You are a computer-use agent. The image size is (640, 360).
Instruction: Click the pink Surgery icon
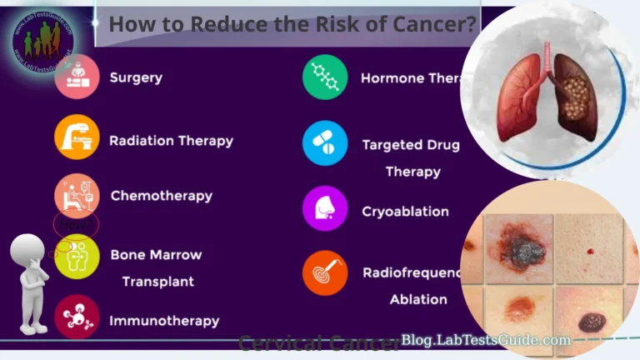77,77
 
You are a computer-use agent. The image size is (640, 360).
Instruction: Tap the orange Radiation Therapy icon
77,137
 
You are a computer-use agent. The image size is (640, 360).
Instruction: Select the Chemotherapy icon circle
77,196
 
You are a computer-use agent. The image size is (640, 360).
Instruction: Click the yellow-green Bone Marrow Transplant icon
77,257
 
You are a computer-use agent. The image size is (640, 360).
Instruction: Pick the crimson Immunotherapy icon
77,317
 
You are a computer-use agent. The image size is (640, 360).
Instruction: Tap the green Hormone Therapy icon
325,77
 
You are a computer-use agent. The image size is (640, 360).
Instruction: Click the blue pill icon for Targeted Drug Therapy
325,142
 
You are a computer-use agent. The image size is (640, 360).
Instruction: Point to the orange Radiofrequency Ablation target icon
325,272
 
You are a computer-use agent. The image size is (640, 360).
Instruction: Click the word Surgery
136,78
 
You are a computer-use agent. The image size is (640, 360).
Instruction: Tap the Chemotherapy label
162,197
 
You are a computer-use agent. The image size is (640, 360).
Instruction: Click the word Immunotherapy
164,321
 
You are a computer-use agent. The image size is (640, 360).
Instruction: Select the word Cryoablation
405,212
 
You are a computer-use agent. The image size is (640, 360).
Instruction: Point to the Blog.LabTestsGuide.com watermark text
486,340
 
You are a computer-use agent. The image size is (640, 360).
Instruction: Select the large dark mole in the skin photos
520,247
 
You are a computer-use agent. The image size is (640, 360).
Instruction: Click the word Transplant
157,282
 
